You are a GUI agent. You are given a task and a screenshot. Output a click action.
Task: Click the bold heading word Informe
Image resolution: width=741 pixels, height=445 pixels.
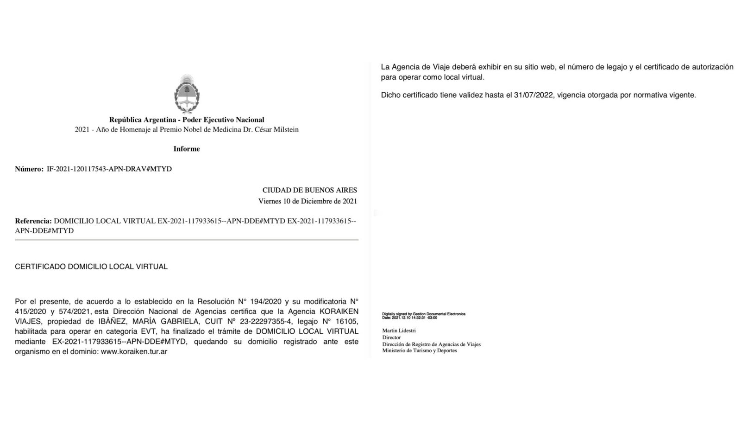[x=187, y=149]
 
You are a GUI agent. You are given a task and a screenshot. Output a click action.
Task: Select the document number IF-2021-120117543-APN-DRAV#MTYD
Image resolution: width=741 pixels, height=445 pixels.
[x=109, y=169]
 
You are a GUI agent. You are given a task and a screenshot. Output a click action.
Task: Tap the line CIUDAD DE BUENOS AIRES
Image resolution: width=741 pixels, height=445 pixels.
[x=309, y=190]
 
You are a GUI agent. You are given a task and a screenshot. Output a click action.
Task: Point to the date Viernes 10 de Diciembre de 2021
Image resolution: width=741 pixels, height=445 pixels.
[x=308, y=201]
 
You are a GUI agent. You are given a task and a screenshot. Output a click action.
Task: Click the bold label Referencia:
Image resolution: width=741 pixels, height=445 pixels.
[x=33, y=221]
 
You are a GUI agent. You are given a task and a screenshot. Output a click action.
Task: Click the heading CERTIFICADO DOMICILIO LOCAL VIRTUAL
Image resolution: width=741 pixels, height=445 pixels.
[x=91, y=267]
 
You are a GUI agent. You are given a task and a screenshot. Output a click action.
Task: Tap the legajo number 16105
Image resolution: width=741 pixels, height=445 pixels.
[x=347, y=321]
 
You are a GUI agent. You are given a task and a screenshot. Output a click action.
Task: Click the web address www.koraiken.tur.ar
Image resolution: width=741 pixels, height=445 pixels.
[x=134, y=352]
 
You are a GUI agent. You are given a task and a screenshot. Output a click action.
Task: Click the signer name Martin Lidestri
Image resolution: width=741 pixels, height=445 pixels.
[x=399, y=331]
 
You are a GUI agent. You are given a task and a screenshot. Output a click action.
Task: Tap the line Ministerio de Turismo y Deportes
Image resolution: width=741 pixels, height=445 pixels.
[x=419, y=351]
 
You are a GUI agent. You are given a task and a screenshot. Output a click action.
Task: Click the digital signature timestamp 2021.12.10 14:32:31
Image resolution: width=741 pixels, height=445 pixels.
[x=414, y=318]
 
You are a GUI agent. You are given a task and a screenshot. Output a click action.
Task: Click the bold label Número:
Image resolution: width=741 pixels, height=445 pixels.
[x=29, y=169]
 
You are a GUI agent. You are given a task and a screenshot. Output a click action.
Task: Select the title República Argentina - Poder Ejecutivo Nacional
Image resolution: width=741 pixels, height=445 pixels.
[x=187, y=120]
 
